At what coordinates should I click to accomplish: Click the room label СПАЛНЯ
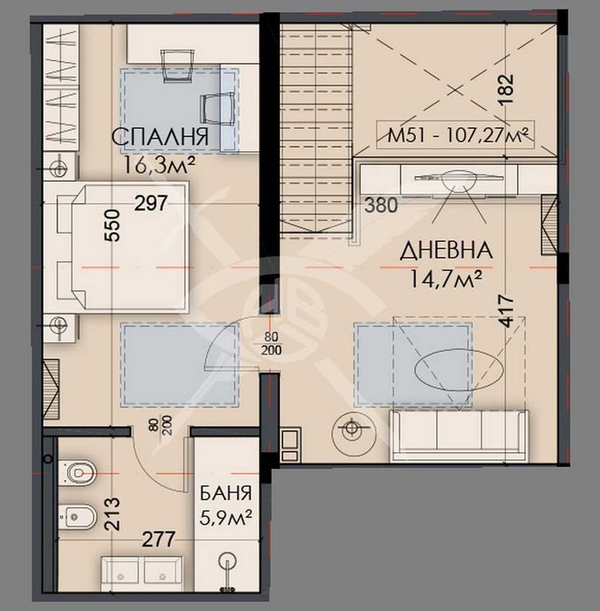tap(160, 137)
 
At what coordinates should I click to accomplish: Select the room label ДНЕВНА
tap(446, 251)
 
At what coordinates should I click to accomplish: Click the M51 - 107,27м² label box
tap(460, 134)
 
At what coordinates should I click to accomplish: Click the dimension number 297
tap(150, 203)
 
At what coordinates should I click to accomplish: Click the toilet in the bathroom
tap(78, 472)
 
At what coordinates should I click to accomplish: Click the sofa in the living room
tap(458, 435)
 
